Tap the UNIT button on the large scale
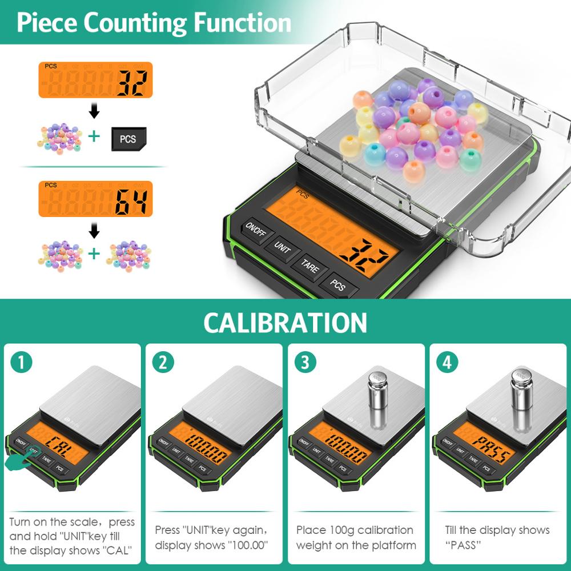coord(283,247)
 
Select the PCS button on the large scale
coord(338,284)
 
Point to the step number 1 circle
coord(21,361)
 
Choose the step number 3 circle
coord(304,361)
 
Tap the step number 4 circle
coord(446,361)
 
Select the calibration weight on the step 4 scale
coord(520,396)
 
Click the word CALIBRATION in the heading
coord(285,323)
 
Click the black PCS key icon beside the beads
coord(128,139)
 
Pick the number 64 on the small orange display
coord(132,202)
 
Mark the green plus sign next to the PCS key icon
coord(94,137)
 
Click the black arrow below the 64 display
coord(95,230)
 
